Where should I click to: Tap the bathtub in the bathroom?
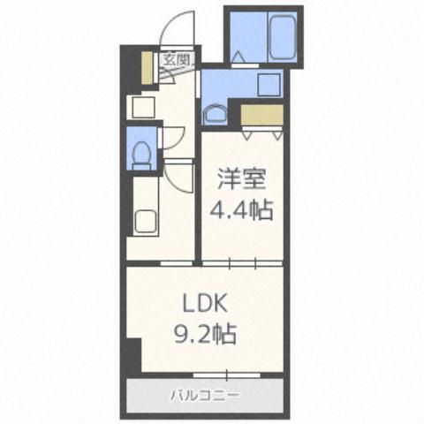pos(281,39)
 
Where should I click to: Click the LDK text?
pos(206,304)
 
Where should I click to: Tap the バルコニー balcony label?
pos(205,395)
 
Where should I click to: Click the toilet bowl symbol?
pos(140,154)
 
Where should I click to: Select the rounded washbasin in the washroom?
pos(215,112)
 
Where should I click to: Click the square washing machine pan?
pos(267,84)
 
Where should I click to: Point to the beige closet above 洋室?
pos(261,115)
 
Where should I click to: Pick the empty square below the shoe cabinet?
pos(141,106)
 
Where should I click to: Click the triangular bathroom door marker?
pos(241,55)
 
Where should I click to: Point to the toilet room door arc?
pos(172,138)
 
